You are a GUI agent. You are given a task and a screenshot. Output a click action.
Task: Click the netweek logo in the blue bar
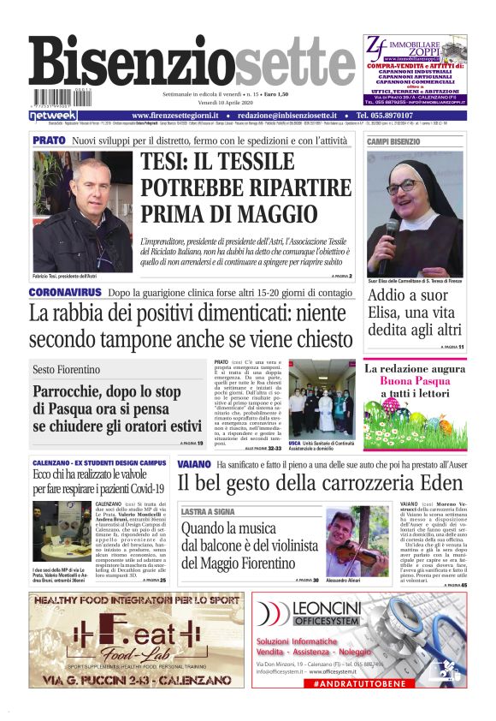pos(53,116)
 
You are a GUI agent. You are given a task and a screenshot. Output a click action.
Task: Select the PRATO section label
pos(49,140)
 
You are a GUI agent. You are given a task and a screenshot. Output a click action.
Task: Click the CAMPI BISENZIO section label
pos(394,140)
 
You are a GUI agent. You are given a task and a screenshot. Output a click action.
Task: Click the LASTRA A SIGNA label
pos(208,511)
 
